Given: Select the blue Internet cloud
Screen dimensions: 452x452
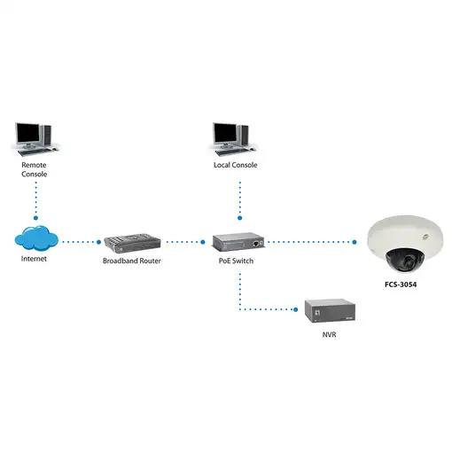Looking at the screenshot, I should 36,238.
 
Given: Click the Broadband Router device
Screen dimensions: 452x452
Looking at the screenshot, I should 131,242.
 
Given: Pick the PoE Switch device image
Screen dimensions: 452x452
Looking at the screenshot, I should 238,241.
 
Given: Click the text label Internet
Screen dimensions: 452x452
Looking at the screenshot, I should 36,261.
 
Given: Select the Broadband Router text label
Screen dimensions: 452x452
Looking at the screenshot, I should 132,261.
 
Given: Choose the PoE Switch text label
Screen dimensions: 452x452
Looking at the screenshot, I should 238,261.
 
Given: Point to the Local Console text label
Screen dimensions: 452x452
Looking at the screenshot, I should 236,166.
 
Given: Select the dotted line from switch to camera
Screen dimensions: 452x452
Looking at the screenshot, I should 315,241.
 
